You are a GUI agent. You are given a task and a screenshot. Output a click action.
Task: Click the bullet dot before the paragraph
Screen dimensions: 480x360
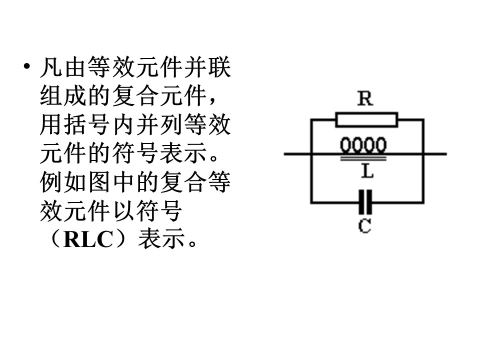27,66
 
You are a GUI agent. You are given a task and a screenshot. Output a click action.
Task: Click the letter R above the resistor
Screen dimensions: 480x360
365,98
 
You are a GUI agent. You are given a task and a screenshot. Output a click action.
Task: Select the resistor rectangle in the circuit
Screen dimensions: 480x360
366,119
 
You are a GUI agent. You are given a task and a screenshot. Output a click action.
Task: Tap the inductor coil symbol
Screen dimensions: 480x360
363,145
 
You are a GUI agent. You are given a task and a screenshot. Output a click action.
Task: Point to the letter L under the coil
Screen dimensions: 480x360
367,171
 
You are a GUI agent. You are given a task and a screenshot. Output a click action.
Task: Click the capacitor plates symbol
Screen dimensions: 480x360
365,202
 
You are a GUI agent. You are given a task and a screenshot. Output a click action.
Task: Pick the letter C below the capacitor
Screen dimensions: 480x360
364,226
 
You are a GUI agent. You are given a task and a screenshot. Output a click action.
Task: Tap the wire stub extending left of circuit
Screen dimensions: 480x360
297,154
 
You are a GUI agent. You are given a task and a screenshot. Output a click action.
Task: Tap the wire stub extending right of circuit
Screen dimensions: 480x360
435,154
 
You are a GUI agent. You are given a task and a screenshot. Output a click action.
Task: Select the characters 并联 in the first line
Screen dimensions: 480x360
207,67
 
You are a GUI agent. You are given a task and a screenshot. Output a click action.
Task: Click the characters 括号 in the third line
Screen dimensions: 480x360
87,124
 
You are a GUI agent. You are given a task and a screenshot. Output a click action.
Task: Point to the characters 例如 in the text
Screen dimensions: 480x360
63,182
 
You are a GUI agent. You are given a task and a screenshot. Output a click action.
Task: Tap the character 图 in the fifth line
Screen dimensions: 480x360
99,182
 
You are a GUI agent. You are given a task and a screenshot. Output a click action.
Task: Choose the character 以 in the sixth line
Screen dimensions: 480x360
123,210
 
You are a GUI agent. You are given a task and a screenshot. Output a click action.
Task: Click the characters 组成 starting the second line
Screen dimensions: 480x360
63,96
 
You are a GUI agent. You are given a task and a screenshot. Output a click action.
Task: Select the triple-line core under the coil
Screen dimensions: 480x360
363,158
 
